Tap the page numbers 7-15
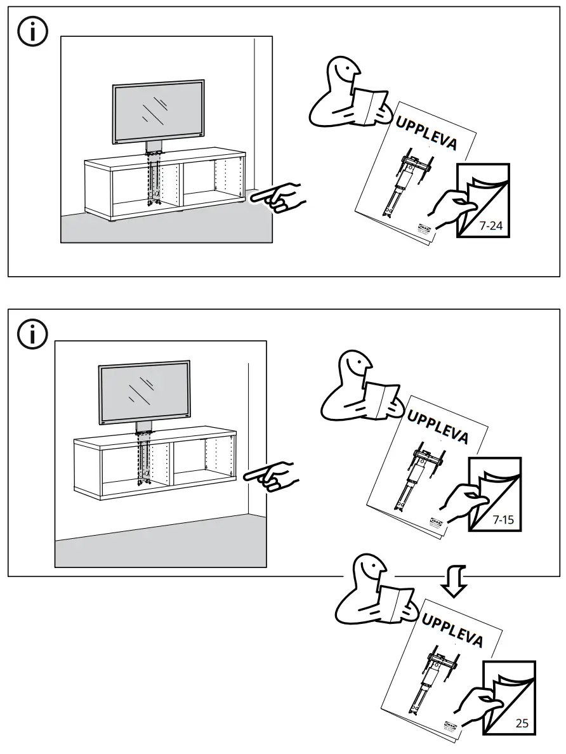point(503,520)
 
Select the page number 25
point(522,722)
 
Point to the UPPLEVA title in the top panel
point(426,133)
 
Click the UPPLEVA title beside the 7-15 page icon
point(438,427)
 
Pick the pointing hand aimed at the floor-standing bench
point(279,198)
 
